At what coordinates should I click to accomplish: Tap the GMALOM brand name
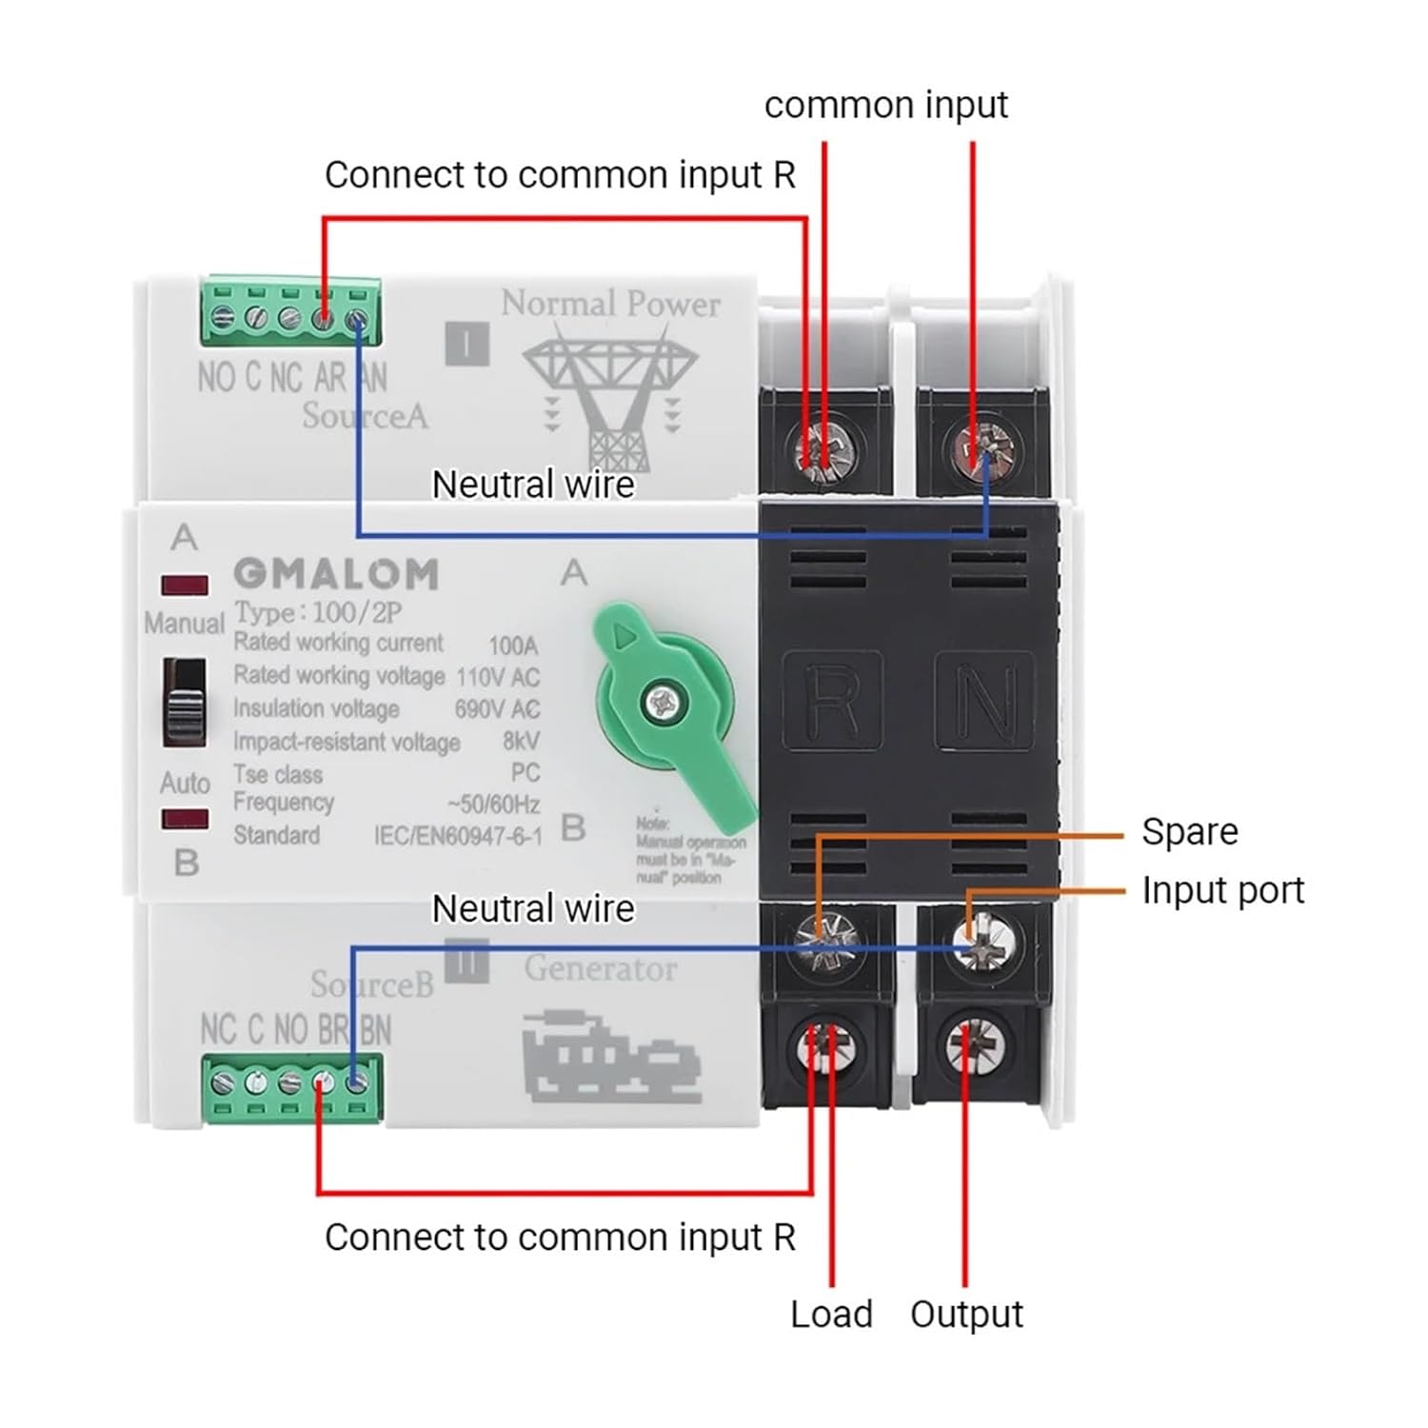click(336, 574)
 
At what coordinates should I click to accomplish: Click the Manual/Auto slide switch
click(184, 702)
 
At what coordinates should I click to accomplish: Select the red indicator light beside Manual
click(185, 585)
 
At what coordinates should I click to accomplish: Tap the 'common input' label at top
click(885, 105)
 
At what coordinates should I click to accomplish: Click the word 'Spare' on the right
click(1189, 832)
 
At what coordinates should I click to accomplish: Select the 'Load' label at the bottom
click(831, 1315)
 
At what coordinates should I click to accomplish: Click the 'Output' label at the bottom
click(966, 1315)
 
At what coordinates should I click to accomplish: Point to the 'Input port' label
click(1222, 891)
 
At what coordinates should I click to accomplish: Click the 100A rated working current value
click(513, 645)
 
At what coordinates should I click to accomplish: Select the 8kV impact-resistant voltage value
click(521, 741)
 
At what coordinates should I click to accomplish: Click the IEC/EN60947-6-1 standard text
click(458, 836)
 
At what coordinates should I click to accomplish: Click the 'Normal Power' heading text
click(610, 304)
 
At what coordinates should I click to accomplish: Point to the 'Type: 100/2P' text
click(318, 612)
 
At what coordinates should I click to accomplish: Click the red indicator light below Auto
click(185, 819)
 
